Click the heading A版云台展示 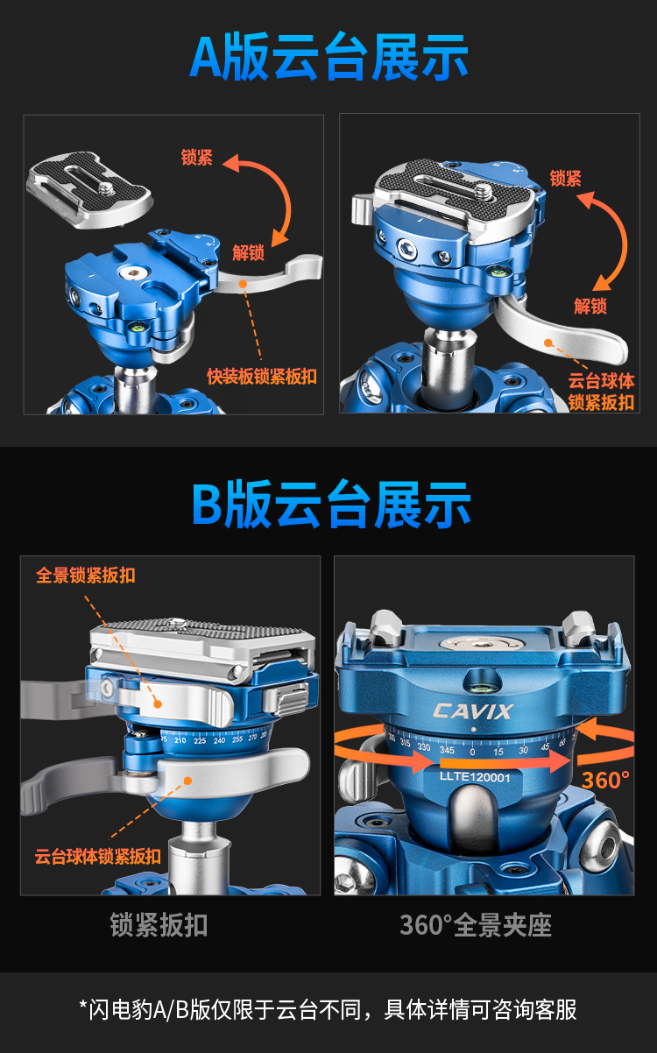tap(329, 56)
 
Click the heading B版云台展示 tap(331, 504)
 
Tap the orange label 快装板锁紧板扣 tap(262, 376)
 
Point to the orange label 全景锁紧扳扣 tap(86, 575)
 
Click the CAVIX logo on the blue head tap(473, 711)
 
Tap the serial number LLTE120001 tap(475, 776)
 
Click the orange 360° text tap(605, 781)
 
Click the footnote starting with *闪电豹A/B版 tap(328, 1010)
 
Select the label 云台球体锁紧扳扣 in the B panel tap(98, 856)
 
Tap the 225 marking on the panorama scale tap(200, 741)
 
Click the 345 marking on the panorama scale tap(447, 750)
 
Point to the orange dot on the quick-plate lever tap(243, 284)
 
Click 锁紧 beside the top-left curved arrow tap(197, 157)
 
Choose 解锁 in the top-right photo tap(590, 306)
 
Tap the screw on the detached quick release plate tap(108, 187)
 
